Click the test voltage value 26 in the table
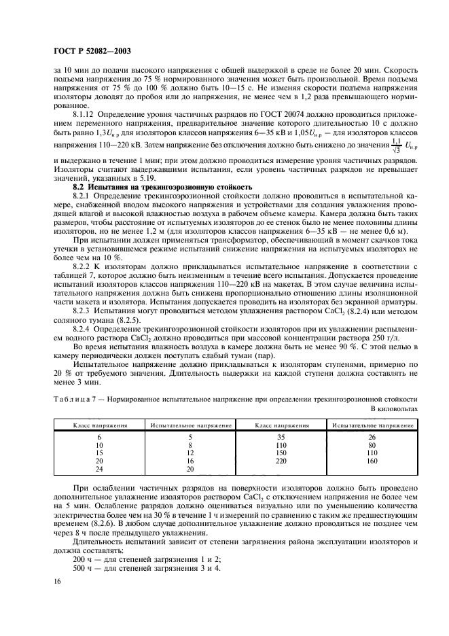coord(372,437)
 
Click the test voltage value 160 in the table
coord(372,460)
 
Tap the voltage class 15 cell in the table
coord(100,453)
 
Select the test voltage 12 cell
coord(190,453)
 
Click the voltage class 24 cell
coord(100,468)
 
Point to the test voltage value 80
coord(372,444)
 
